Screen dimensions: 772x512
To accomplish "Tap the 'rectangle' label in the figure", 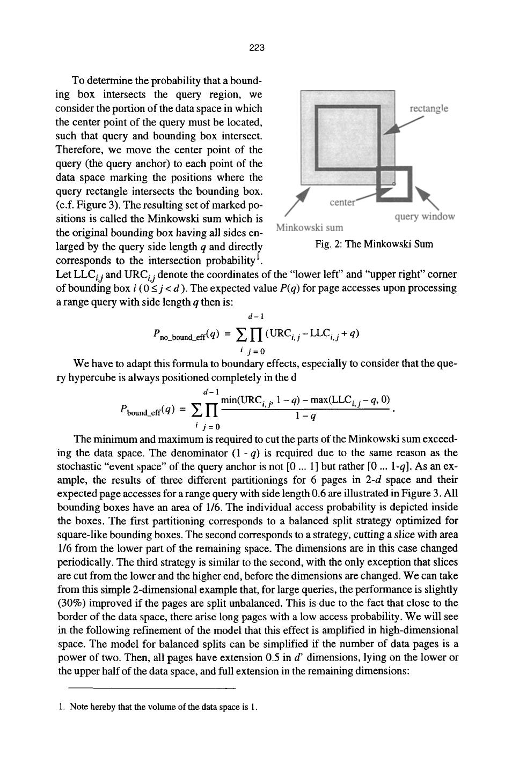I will point(429,109).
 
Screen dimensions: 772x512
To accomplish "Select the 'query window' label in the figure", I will point(425,217).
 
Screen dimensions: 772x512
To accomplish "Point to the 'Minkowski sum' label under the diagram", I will point(309,227).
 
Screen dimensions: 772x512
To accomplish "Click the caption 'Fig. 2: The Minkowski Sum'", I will point(374,244).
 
